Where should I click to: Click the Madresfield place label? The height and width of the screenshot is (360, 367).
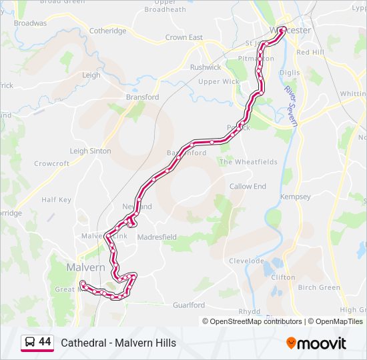click(x=158, y=237)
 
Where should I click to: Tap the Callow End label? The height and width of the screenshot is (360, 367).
click(x=248, y=187)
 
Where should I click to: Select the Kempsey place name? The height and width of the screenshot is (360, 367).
click(x=296, y=197)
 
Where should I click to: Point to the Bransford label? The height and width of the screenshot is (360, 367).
click(x=143, y=97)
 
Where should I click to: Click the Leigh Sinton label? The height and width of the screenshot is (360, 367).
click(x=91, y=151)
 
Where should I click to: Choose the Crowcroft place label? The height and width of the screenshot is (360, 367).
click(x=52, y=163)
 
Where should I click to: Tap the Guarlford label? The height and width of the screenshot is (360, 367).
click(x=189, y=305)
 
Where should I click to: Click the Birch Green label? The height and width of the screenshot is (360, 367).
click(x=319, y=287)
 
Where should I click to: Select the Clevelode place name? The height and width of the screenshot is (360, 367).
click(x=248, y=261)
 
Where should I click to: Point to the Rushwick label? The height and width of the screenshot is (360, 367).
click(x=206, y=67)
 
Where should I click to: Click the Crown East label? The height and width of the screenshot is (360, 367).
click(x=184, y=38)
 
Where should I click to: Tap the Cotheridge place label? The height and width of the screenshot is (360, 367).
click(x=108, y=31)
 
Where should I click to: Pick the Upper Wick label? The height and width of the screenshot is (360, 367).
click(x=218, y=82)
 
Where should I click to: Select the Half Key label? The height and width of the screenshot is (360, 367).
click(x=56, y=200)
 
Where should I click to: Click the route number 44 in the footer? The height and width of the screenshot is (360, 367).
click(x=45, y=342)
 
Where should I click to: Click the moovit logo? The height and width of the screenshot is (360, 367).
click(x=316, y=343)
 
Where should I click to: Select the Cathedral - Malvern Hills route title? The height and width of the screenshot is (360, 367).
click(x=119, y=343)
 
